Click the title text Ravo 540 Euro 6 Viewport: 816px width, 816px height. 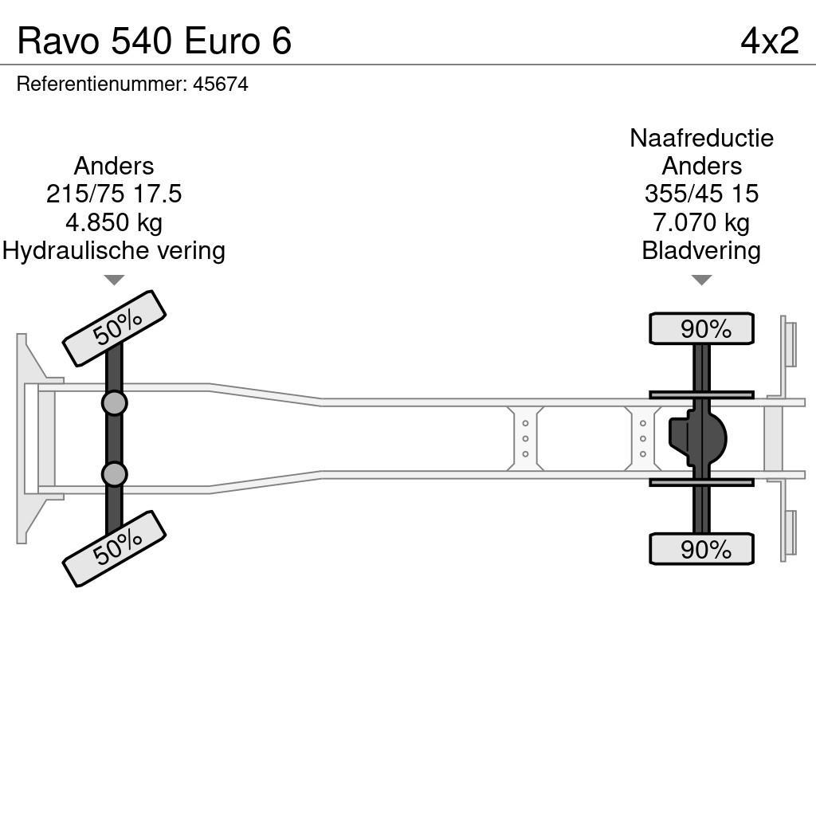[155, 41]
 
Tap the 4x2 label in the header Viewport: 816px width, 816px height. [769, 41]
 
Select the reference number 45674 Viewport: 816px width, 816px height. [221, 84]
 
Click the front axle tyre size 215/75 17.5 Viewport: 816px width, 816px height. [114, 194]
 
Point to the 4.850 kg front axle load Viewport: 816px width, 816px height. [114, 222]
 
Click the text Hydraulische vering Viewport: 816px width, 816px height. [114, 251]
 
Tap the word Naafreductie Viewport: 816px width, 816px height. [701, 138]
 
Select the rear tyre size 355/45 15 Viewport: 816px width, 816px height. [701, 194]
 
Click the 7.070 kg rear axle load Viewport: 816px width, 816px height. [701, 222]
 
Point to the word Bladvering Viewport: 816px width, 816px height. [701, 251]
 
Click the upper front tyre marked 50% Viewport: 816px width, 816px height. [114, 328]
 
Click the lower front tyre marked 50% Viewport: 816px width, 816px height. [114, 548]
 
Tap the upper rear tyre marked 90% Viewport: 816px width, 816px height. [701, 328]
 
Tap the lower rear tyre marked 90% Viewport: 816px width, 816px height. [701, 549]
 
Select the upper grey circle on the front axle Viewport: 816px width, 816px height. [114, 403]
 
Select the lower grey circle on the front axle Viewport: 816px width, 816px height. [114, 475]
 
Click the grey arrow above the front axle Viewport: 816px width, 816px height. [114, 280]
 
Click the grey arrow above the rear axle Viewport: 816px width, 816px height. [701, 280]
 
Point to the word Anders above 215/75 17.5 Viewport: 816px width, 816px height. [114, 166]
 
